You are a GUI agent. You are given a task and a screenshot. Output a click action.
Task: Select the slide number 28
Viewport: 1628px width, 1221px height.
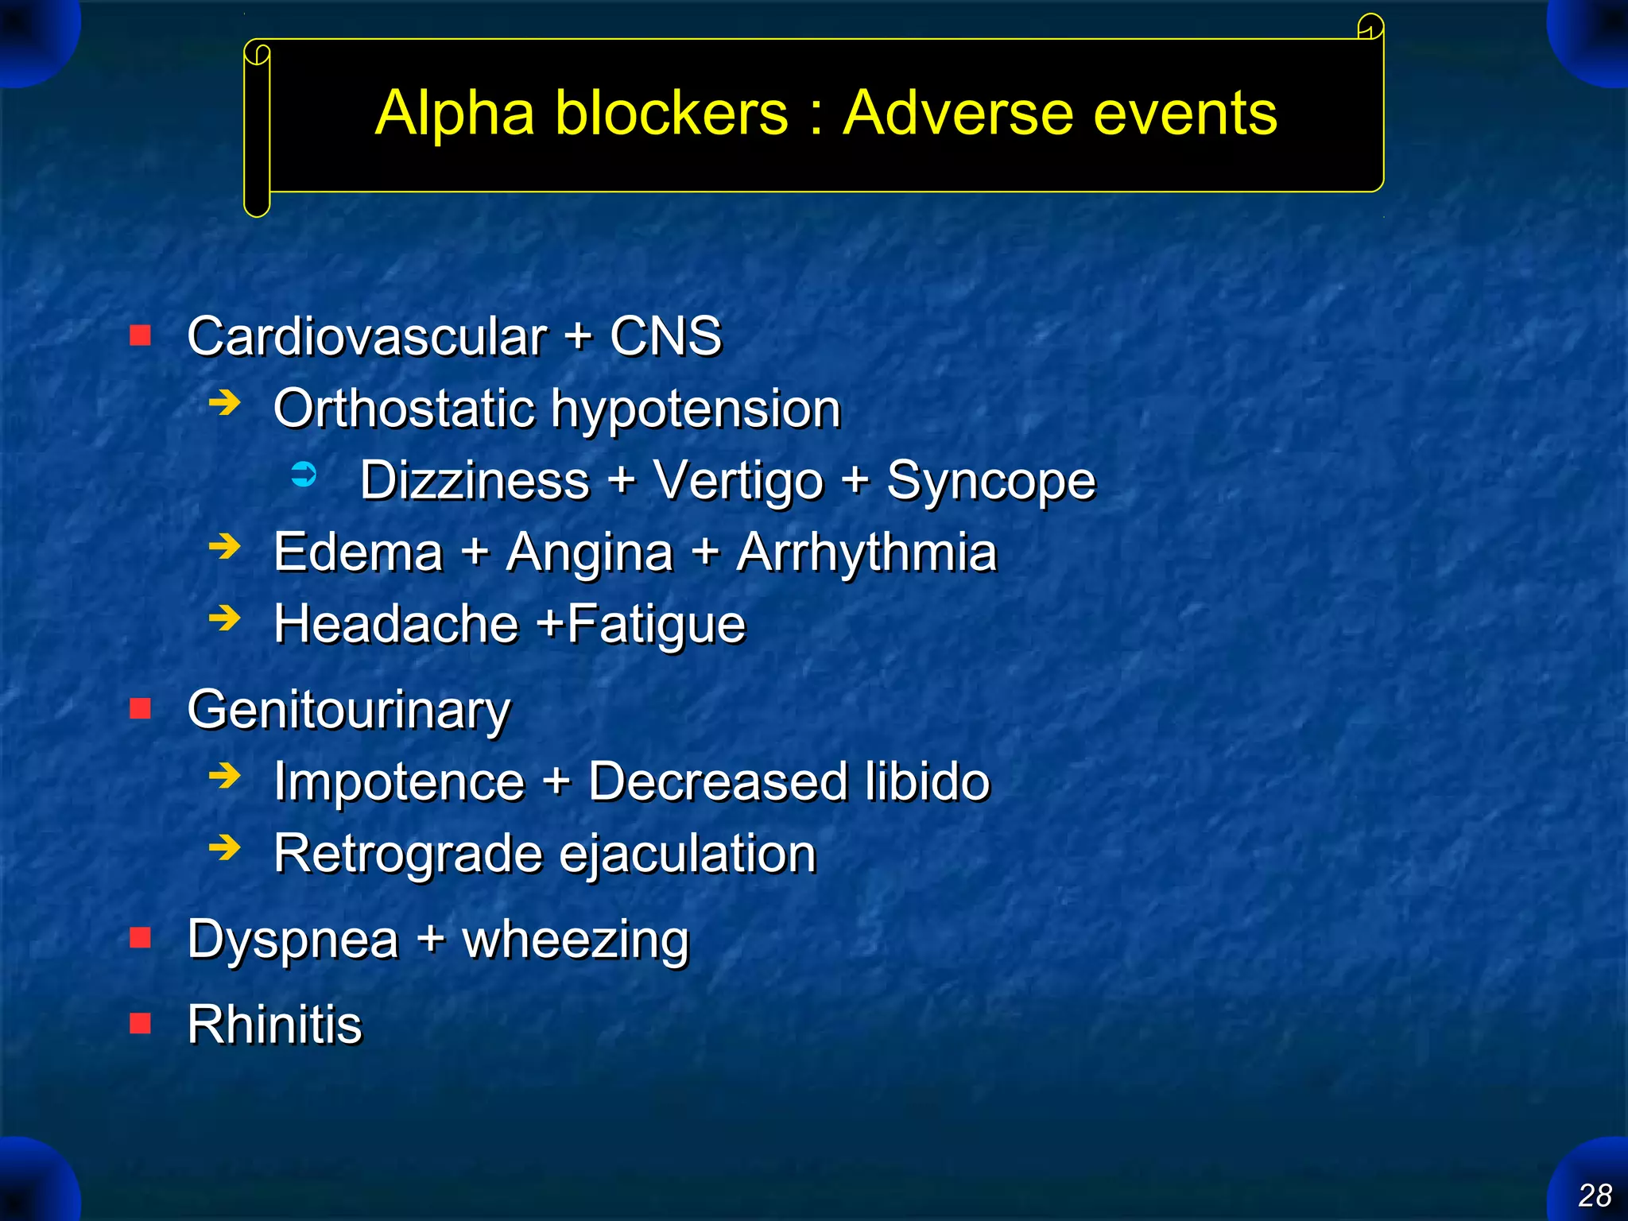[1594, 1195]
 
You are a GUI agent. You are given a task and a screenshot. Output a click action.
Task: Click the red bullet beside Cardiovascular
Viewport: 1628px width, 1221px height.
[141, 335]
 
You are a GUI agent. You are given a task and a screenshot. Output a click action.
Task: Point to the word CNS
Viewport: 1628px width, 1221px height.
[665, 336]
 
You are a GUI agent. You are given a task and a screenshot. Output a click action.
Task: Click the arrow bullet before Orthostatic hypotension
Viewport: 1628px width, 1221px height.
[224, 403]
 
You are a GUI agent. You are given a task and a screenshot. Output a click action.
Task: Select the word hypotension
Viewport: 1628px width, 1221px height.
[696, 409]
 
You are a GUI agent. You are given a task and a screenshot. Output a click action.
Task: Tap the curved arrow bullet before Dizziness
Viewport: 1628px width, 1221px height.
[304, 475]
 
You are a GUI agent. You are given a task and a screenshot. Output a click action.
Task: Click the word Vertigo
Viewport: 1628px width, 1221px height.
[738, 481]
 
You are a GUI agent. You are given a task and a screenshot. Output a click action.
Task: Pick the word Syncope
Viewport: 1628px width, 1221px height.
[990, 481]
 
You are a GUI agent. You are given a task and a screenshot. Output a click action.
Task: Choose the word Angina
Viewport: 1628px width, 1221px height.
[589, 552]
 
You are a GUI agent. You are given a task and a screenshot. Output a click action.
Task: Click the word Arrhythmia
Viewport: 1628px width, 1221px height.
[866, 552]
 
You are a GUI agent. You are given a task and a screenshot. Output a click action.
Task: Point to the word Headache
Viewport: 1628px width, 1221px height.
[396, 623]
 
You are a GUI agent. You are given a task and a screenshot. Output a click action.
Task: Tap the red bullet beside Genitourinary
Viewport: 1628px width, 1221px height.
[141, 707]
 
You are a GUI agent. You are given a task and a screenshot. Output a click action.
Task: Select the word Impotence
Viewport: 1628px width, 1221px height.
[399, 781]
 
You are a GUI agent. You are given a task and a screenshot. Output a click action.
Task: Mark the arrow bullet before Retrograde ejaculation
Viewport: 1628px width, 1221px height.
[224, 847]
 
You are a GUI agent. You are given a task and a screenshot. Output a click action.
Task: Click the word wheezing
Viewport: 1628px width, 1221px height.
[575, 940]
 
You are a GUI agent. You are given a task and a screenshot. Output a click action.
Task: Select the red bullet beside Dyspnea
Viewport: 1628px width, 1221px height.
[141, 938]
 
